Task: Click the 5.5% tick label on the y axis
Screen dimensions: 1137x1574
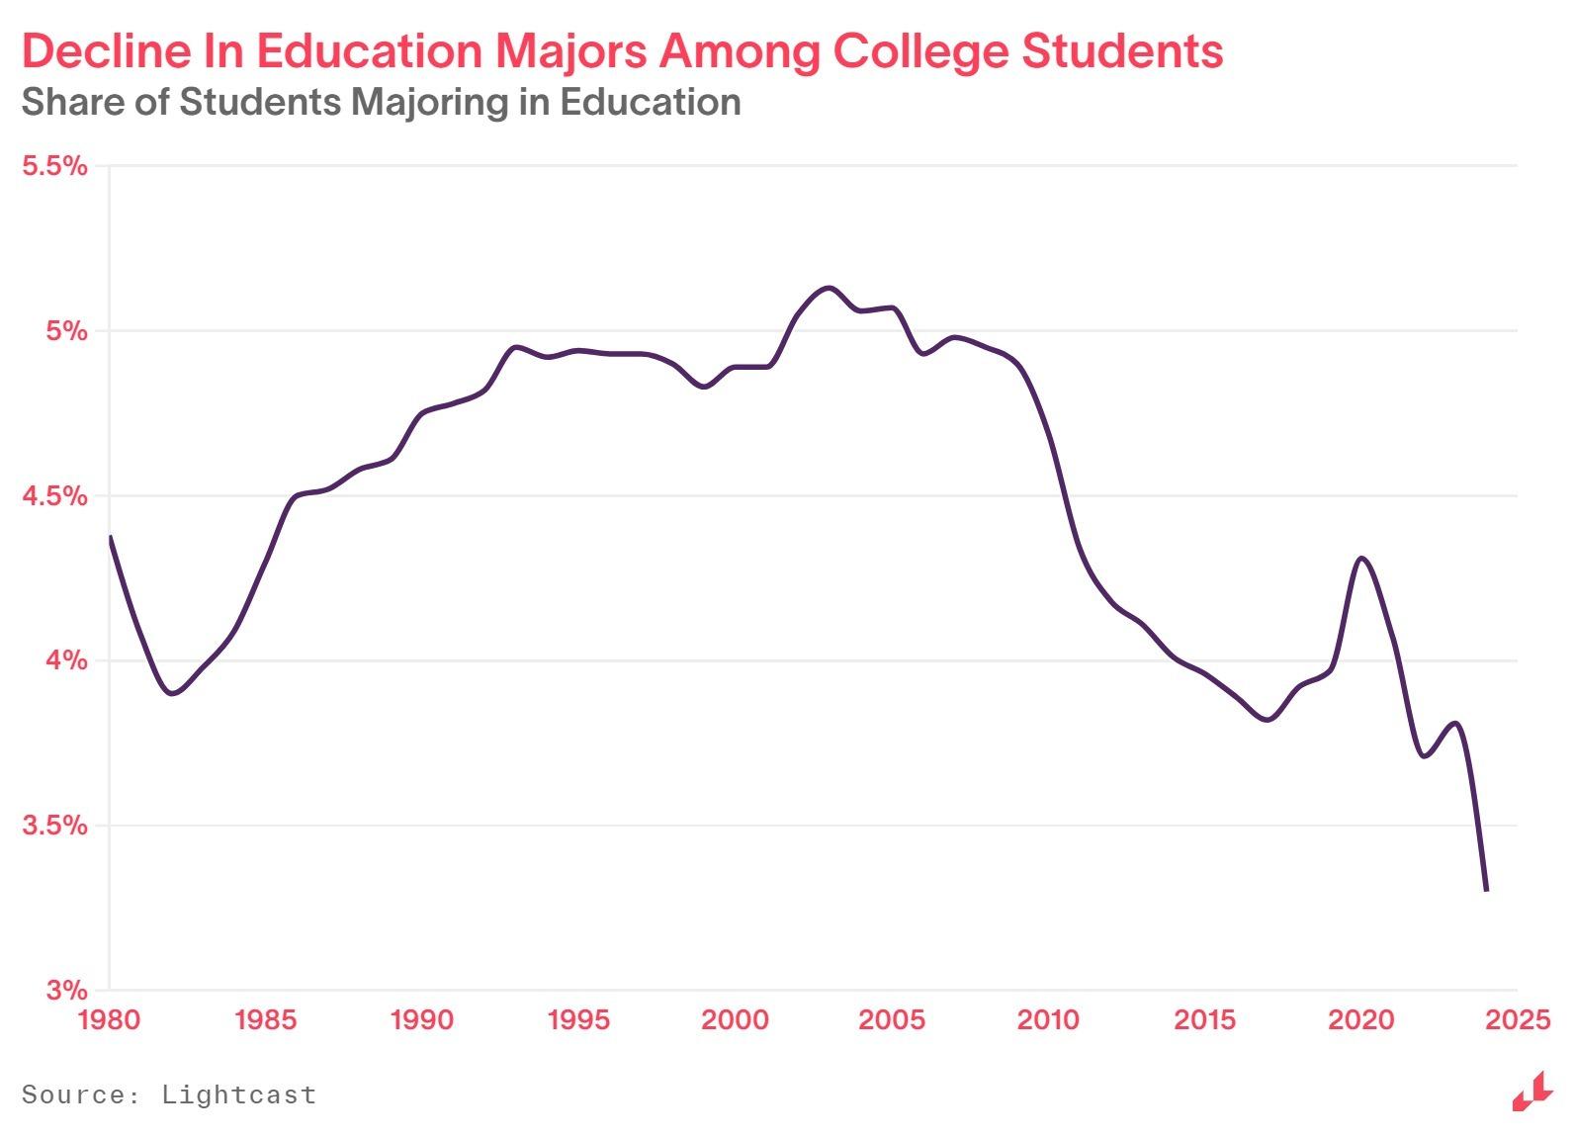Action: coord(54,165)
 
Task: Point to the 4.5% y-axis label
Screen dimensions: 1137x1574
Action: coord(54,495)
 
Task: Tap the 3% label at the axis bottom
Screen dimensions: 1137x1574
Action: coord(66,990)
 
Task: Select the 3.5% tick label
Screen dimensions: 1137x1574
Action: coord(54,825)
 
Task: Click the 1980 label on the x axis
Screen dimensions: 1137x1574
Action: coord(109,1019)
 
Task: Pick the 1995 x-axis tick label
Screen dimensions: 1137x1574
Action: coord(578,1019)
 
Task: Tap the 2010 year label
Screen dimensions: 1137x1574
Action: coord(1048,1019)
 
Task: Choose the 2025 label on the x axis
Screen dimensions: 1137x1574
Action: coord(1518,1019)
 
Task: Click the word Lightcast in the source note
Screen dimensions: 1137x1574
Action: coord(238,1094)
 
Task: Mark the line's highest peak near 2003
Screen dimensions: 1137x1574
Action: coord(828,288)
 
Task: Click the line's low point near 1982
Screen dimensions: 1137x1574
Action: coord(173,693)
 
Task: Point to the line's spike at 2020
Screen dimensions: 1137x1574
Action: coord(1362,559)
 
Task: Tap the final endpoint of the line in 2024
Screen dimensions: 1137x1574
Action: coord(1486,890)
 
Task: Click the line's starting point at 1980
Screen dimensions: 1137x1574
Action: coord(110,537)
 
